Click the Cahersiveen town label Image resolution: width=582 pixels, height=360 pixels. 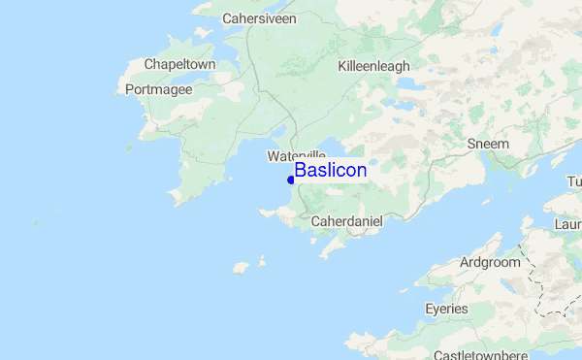click(259, 18)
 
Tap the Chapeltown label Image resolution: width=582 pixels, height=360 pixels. click(179, 65)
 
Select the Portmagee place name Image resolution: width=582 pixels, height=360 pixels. click(159, 89)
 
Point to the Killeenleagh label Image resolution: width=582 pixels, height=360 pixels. click(373, 66)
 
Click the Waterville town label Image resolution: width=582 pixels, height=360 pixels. click(296, 155)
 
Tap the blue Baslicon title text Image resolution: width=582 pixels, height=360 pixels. click(330, 170)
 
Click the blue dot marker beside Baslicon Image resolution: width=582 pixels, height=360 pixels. click(291, 180)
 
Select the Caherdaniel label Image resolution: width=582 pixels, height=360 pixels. click(347, 222)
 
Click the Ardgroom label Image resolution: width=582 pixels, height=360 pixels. click(489, 262)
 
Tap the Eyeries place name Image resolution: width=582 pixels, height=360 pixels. click(446, 309)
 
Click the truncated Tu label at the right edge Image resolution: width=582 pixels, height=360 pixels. click(573, 182)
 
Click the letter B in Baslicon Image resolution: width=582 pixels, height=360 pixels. click(301, 170)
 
